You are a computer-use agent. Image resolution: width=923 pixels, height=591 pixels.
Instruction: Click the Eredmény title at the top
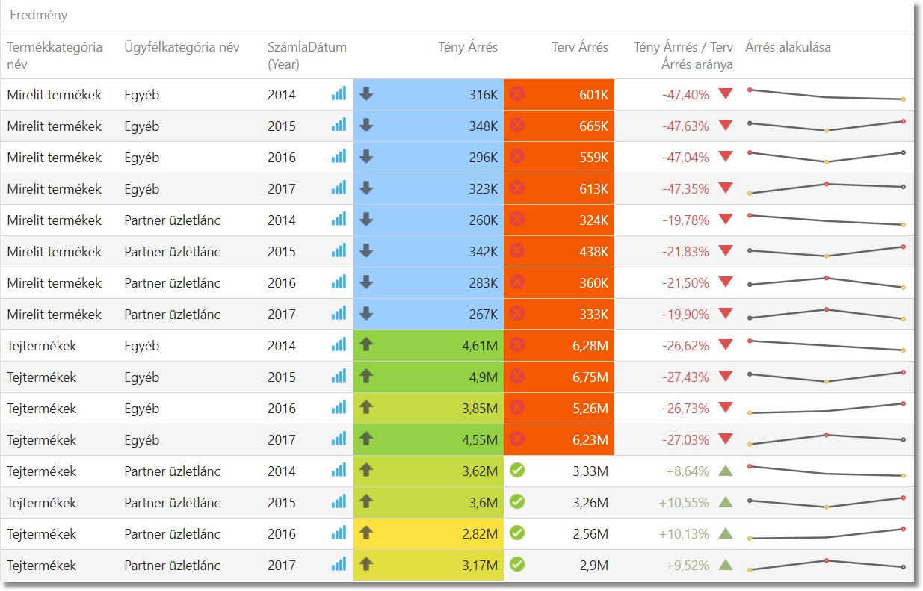pos(39,15)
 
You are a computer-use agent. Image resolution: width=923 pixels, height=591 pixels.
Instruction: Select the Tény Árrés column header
pos(468,47)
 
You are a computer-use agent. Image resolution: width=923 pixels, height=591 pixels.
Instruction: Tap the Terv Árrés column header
pos(580,47)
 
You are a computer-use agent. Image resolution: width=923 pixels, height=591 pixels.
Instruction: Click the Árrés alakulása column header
pos(788,47)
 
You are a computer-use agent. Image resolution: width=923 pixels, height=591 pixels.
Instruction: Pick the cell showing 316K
pos(483,95)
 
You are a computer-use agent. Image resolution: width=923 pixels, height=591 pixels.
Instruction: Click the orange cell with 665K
pos(593,126)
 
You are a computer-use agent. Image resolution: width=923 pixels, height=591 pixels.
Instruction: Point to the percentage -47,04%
pos(685,158)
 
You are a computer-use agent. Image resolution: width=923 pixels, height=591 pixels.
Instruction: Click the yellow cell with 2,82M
pos(478,534)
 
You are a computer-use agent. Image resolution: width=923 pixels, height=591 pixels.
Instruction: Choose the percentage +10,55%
pos(684,503)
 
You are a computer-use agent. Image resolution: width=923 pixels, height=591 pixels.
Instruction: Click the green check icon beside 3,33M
pos(516,470)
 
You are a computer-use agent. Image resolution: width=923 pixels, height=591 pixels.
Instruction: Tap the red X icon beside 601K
pos(516,93)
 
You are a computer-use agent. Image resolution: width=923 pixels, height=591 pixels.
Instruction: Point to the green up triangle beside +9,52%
pos(725,565)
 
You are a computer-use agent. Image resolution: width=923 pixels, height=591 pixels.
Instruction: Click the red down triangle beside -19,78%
pos(725,220)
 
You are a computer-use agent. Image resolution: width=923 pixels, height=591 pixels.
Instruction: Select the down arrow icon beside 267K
pos(365,313)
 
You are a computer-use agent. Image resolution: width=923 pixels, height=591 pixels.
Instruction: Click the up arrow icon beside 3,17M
pos(365,564)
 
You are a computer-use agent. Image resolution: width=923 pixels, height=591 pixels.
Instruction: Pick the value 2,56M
pos(590,534)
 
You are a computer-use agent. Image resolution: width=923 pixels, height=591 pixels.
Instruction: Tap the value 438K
pos(593,252)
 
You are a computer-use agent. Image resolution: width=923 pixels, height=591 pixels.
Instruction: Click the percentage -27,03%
pos(685,440)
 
